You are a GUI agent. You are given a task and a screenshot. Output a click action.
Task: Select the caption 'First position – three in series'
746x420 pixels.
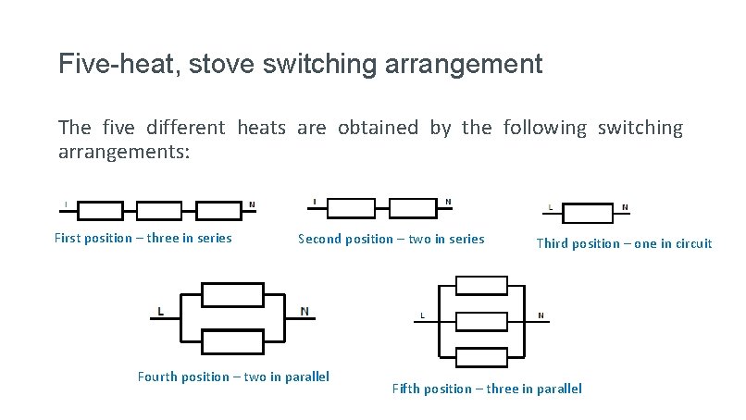pos(143,238)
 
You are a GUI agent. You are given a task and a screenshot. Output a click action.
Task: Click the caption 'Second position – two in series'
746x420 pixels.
pos(391,239)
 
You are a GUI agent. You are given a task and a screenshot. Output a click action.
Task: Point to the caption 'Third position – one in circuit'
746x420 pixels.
pos(624,243)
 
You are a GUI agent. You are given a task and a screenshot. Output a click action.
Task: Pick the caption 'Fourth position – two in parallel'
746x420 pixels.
pos(233,376)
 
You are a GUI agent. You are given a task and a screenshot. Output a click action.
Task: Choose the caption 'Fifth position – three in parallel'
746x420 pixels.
pos(487,389)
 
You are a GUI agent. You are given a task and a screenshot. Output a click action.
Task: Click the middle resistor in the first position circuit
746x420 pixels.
pos(160,210)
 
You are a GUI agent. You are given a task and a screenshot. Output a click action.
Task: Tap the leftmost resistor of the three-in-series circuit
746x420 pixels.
pos(99,210)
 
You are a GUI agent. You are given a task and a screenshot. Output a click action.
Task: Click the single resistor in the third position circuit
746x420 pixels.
pos(589,213)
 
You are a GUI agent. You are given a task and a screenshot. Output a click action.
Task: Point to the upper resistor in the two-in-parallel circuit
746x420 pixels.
pos(232,295)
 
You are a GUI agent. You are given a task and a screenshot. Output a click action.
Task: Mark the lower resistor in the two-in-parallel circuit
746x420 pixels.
pos(232,341)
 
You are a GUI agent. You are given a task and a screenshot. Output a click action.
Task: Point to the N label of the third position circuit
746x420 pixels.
pos(624,207)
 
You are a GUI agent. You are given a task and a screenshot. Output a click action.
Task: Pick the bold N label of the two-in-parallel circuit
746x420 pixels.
pos(305,311)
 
